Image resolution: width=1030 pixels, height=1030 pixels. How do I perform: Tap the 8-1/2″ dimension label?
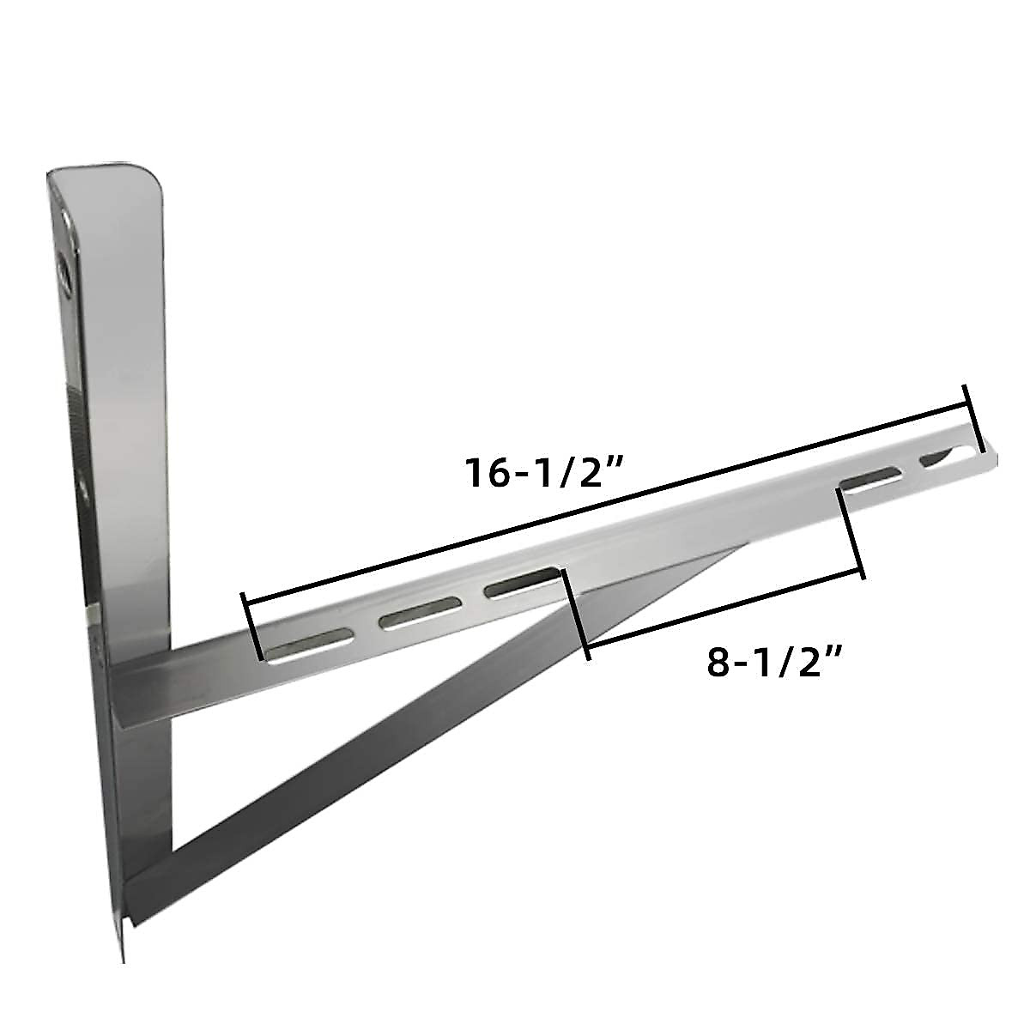(x=773, y=663)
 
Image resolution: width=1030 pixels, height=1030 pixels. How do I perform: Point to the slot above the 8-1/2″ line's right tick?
(x=870, y=480)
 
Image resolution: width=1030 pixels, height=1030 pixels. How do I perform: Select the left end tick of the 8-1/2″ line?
(x=575, y=611)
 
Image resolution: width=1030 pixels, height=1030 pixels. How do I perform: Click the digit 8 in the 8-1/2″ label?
(x=720, y=663)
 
